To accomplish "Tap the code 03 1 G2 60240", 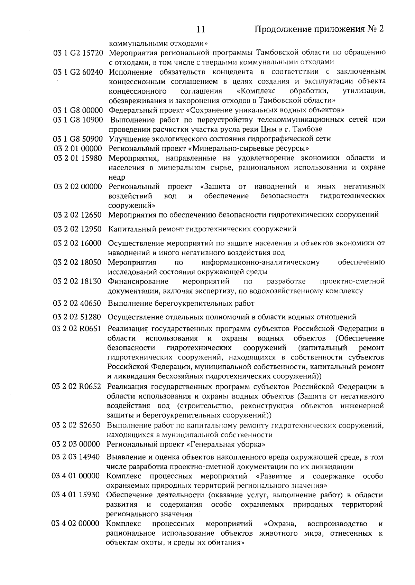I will [x=78, y=72].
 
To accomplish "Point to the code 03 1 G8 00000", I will [x=78, y=110].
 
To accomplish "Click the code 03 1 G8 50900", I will [x=78, y=139].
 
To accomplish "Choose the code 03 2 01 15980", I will [x=78, y=158].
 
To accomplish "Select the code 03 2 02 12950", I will [x=77, y=229].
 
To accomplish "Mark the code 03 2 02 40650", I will [x=77, y=304].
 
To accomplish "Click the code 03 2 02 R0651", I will [x=77, y=328].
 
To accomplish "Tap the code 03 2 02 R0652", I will [x=77, y=386].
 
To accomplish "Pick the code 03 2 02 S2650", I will [x=76, y=425].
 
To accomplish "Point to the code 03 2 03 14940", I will [x=76, y=457].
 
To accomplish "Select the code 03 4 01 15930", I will [x=76, y=495].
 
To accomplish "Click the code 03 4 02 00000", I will [x=76, y=524].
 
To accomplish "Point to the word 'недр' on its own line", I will [x=117, y=177].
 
